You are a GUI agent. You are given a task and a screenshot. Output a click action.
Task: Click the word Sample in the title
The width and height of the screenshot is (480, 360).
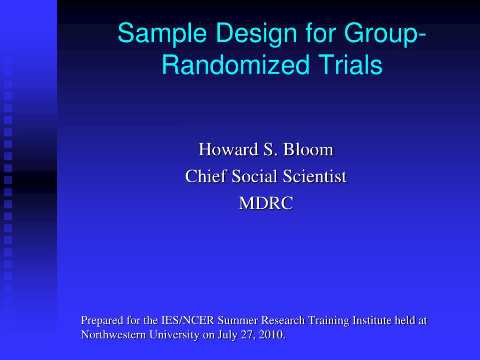[x=162, y=34]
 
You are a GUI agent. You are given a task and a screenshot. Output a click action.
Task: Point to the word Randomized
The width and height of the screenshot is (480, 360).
[x=235, y=64]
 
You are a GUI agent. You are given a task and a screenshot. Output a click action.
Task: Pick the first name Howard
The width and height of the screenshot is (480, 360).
[x=228, y=150]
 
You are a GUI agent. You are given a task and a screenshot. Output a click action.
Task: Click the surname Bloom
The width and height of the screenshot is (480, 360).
[x=308, y=150]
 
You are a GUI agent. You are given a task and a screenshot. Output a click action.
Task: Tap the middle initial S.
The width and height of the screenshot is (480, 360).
[x=270, y=150]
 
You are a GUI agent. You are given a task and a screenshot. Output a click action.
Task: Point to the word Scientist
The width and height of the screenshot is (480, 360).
[x=315, y=176]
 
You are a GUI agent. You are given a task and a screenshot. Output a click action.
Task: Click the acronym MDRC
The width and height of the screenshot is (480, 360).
[x=266, y=203]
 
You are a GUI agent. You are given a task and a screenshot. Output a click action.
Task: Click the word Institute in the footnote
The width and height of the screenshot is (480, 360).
[x=372, y=320]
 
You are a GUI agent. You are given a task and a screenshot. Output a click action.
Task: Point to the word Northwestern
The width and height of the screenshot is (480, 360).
[x=113, y=335]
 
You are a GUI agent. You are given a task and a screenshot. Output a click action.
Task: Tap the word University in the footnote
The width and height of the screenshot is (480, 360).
[x=174, y=335]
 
